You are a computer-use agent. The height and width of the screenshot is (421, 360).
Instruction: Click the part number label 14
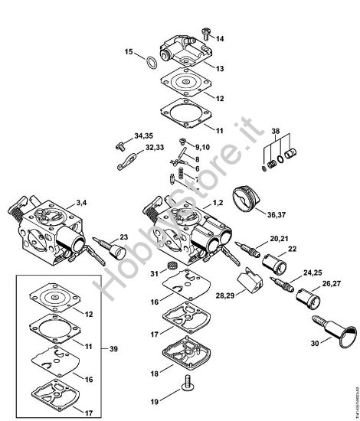(220, 38)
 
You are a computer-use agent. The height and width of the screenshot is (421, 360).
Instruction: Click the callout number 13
(220, 69)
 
